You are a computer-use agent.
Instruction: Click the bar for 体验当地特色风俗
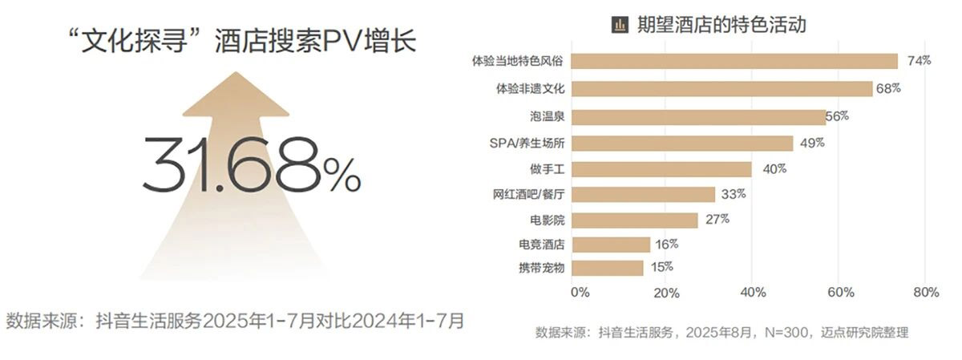pyautogui.click(x=736, y=62)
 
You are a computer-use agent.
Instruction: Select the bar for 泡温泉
pyautogui.click(x=700, y=117)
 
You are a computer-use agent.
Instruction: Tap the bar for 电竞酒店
pyautogui.click(x=612, y=245)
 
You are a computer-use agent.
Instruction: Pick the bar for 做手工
pyautogui.click(x=663, y=169)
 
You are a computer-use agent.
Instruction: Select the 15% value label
pyautogui.click(x=661, y=267)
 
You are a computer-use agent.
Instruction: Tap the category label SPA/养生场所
pyautogui.click(x=527, y=144)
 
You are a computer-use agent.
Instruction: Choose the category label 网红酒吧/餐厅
pyautogui.click(x=529, y=194)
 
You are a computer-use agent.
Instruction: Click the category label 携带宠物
pyautogui.click(x=541, y=268)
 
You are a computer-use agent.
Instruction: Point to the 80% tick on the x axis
pyautogui.click(x=925, y=293)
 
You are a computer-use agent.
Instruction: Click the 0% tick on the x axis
pyautogui.click(x=579, y=293)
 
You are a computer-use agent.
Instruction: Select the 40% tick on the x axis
pyautogui.click(x=752, y=293)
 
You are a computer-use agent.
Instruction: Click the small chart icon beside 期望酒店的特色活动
pyautogui.click(x=619, y=26)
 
